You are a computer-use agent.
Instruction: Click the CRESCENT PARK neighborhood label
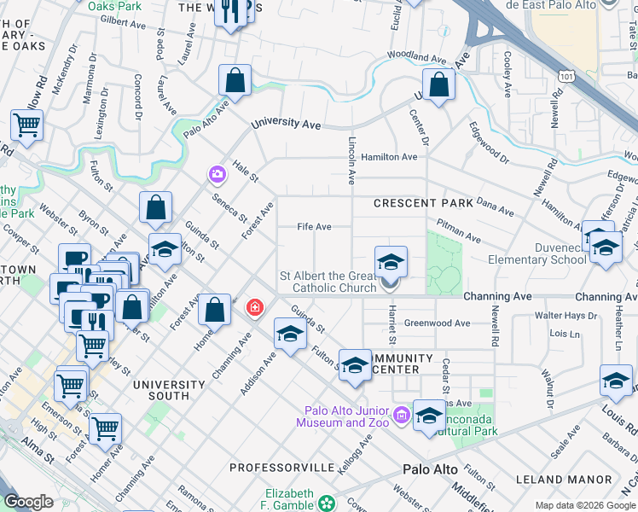[x=422, y=203]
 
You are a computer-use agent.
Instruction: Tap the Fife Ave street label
[x=314, y=228]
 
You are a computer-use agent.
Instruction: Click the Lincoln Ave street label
[x=351, y=160]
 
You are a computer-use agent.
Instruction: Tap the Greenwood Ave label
[x=437, y=323]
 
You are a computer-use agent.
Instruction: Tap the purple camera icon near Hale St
[x=217, y=174]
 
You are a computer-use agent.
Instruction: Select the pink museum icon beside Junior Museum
[x=402, y=417]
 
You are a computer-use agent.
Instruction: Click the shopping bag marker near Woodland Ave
[x=438, y=86]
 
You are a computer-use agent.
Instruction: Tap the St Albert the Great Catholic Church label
[x=328, y=282]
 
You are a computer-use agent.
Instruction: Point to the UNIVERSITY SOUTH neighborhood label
[x=161, y=390]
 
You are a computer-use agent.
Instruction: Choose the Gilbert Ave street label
[x=119, y=20]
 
